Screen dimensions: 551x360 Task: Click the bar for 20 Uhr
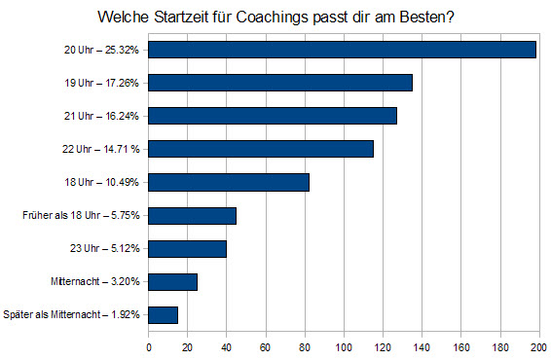point(342,50)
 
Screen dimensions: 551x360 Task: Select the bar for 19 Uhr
point(280,83)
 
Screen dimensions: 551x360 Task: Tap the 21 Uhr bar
point(273,116)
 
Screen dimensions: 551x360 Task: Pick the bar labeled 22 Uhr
point(261,149)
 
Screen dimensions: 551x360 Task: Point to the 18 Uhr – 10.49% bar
point(229,182)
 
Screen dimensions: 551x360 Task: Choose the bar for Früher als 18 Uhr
point(192,216)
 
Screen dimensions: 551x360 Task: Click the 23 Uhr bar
point(187,249)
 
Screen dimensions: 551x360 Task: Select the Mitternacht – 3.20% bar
point(172,282)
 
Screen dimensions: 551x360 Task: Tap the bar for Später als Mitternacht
point(163,314)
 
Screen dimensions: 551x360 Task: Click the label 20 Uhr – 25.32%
point(101,50)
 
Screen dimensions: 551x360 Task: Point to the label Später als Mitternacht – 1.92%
point(71,314)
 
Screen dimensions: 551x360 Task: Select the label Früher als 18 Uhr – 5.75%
point(81,215)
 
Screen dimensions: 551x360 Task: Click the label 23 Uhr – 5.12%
point(105,248)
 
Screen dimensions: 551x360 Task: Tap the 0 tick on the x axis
point(149,347)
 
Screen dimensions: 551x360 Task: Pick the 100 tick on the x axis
point(344,347)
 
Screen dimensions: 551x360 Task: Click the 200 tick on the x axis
point(538,347)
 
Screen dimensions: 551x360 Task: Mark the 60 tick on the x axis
point(266,347)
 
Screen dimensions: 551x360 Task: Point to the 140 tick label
point(422,347)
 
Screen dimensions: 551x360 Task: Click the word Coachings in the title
point(273,18)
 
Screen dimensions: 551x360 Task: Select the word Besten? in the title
point(427,17)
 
